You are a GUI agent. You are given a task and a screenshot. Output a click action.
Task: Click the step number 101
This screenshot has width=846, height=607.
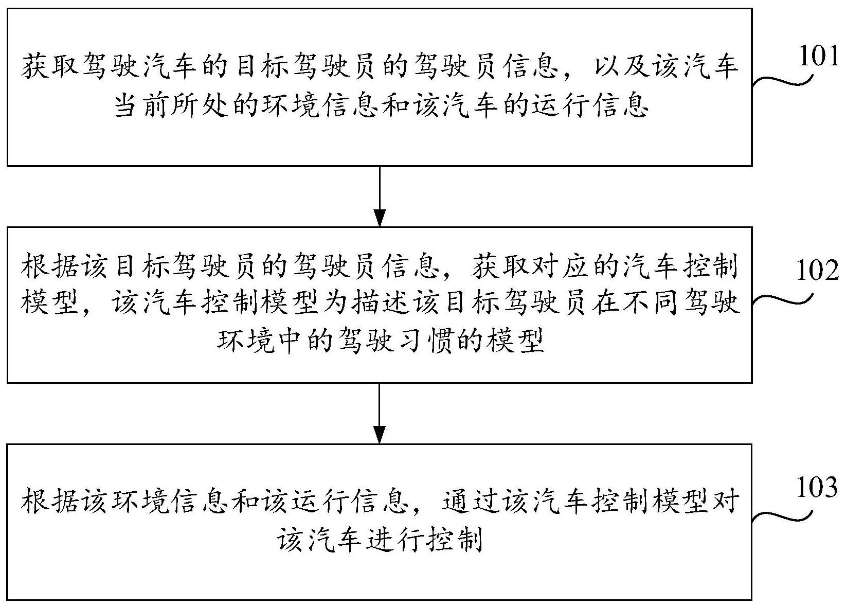(818, 57)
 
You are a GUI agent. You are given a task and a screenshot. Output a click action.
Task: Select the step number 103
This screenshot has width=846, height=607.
(817, 487)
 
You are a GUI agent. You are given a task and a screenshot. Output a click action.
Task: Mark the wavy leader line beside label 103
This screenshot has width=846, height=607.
(782, 515)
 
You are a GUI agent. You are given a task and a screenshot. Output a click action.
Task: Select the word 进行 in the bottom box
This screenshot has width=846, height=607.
(396, 538)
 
